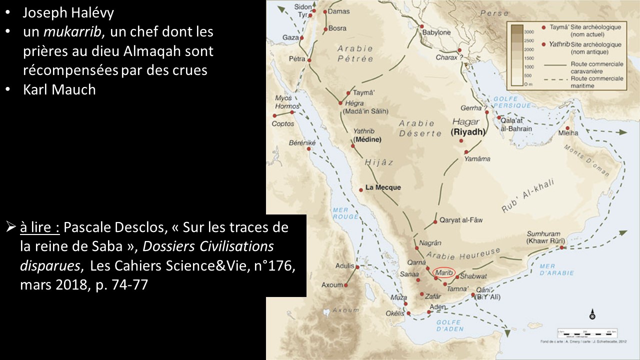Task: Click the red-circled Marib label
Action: (444, 272)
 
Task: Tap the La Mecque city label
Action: (383, 188)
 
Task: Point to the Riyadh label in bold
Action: (468, 132)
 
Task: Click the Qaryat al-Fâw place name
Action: (461, 220)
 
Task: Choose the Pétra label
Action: (297, 59)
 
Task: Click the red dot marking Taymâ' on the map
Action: (348, 93)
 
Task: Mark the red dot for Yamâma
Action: (466, 152)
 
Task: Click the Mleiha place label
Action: (571, 133)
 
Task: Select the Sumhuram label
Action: (544, 234)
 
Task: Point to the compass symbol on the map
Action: (592, 315)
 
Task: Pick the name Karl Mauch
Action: (59, 90)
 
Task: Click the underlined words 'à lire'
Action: (40, 228)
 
